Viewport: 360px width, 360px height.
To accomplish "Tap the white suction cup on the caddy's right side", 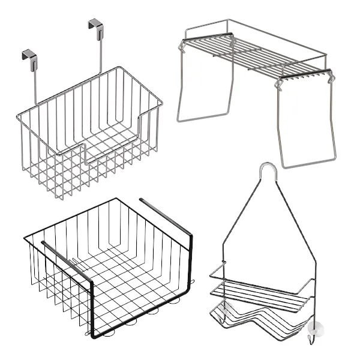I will tap(316, 328).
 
